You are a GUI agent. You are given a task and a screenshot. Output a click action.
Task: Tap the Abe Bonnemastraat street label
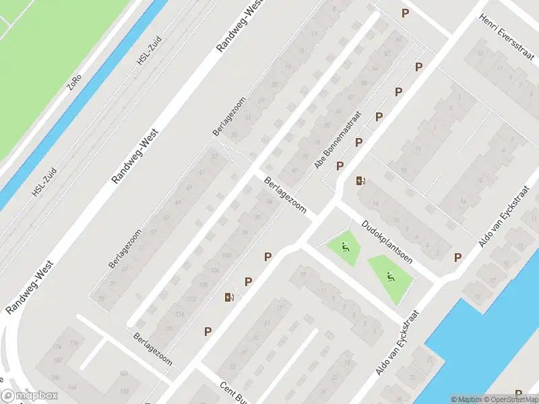click(x=338, y=140)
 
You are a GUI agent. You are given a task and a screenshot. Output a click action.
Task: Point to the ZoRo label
click(x=73, y=81)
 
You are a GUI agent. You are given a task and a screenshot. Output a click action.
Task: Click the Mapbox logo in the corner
click(x=29, y=396)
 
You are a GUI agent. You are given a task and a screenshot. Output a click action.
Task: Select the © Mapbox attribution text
click(x=465, y=399)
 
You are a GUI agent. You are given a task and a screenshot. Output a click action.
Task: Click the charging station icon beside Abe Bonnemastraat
click(x=361, y=180)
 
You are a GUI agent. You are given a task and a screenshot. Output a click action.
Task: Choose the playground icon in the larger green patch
click(x=389, y=275)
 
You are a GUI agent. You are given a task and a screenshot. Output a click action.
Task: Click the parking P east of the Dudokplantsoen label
click(x=458, y=257)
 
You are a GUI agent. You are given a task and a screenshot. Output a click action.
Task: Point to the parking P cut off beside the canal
click(x=518, y=393)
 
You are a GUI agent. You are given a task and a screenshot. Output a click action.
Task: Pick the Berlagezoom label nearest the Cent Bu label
click(x=153, y=348)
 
